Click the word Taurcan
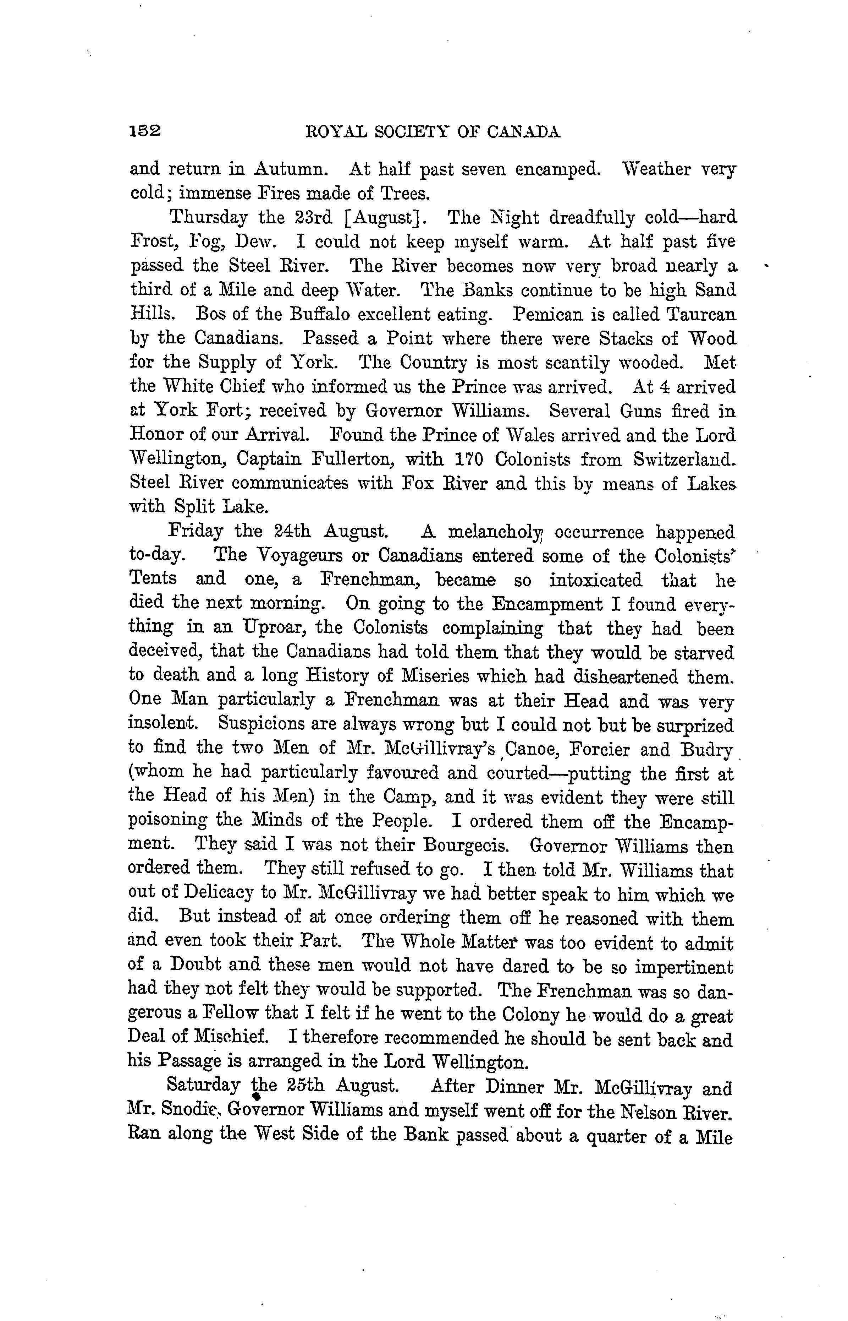[700, 314]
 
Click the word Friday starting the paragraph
[196, 532]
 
